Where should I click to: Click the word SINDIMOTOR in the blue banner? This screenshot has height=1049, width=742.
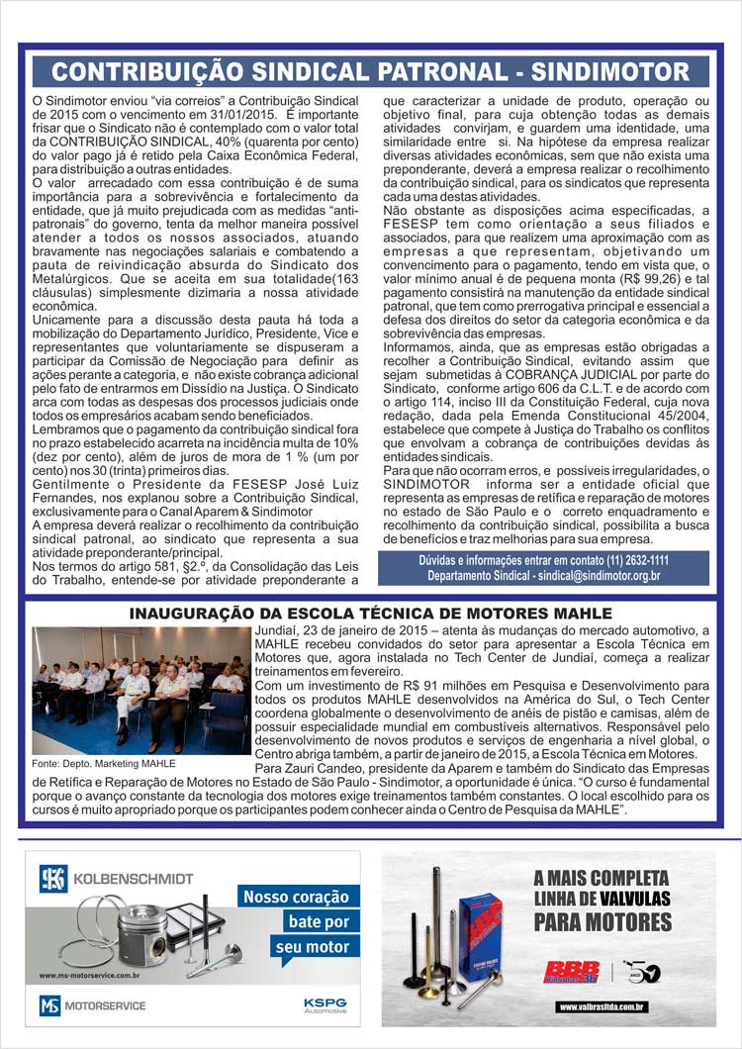(610, 72)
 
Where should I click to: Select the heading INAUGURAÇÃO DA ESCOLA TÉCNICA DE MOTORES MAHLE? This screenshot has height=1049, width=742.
(370, 615)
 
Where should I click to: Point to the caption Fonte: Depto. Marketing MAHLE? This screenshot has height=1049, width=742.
(104, 764)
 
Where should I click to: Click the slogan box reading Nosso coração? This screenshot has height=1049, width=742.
(296, 898)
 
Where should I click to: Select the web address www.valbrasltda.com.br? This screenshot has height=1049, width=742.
(603, 1007)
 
